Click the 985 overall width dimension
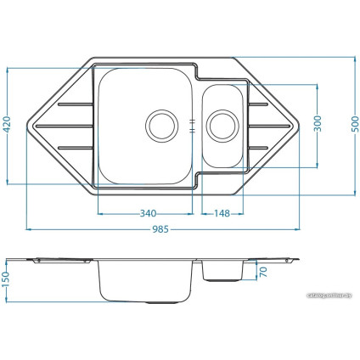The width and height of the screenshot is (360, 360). [160, 229]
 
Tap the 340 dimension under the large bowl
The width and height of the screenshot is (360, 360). [148, 213]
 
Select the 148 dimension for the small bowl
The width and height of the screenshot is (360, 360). [223, 213]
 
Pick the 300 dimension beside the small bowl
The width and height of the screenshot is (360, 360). [318, 124]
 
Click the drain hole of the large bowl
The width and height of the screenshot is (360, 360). [160, 125]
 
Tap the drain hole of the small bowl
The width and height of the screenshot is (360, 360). [222, 125]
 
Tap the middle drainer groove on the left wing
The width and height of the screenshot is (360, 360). [65, 126]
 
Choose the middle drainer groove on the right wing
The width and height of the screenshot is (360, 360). [270, 126]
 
